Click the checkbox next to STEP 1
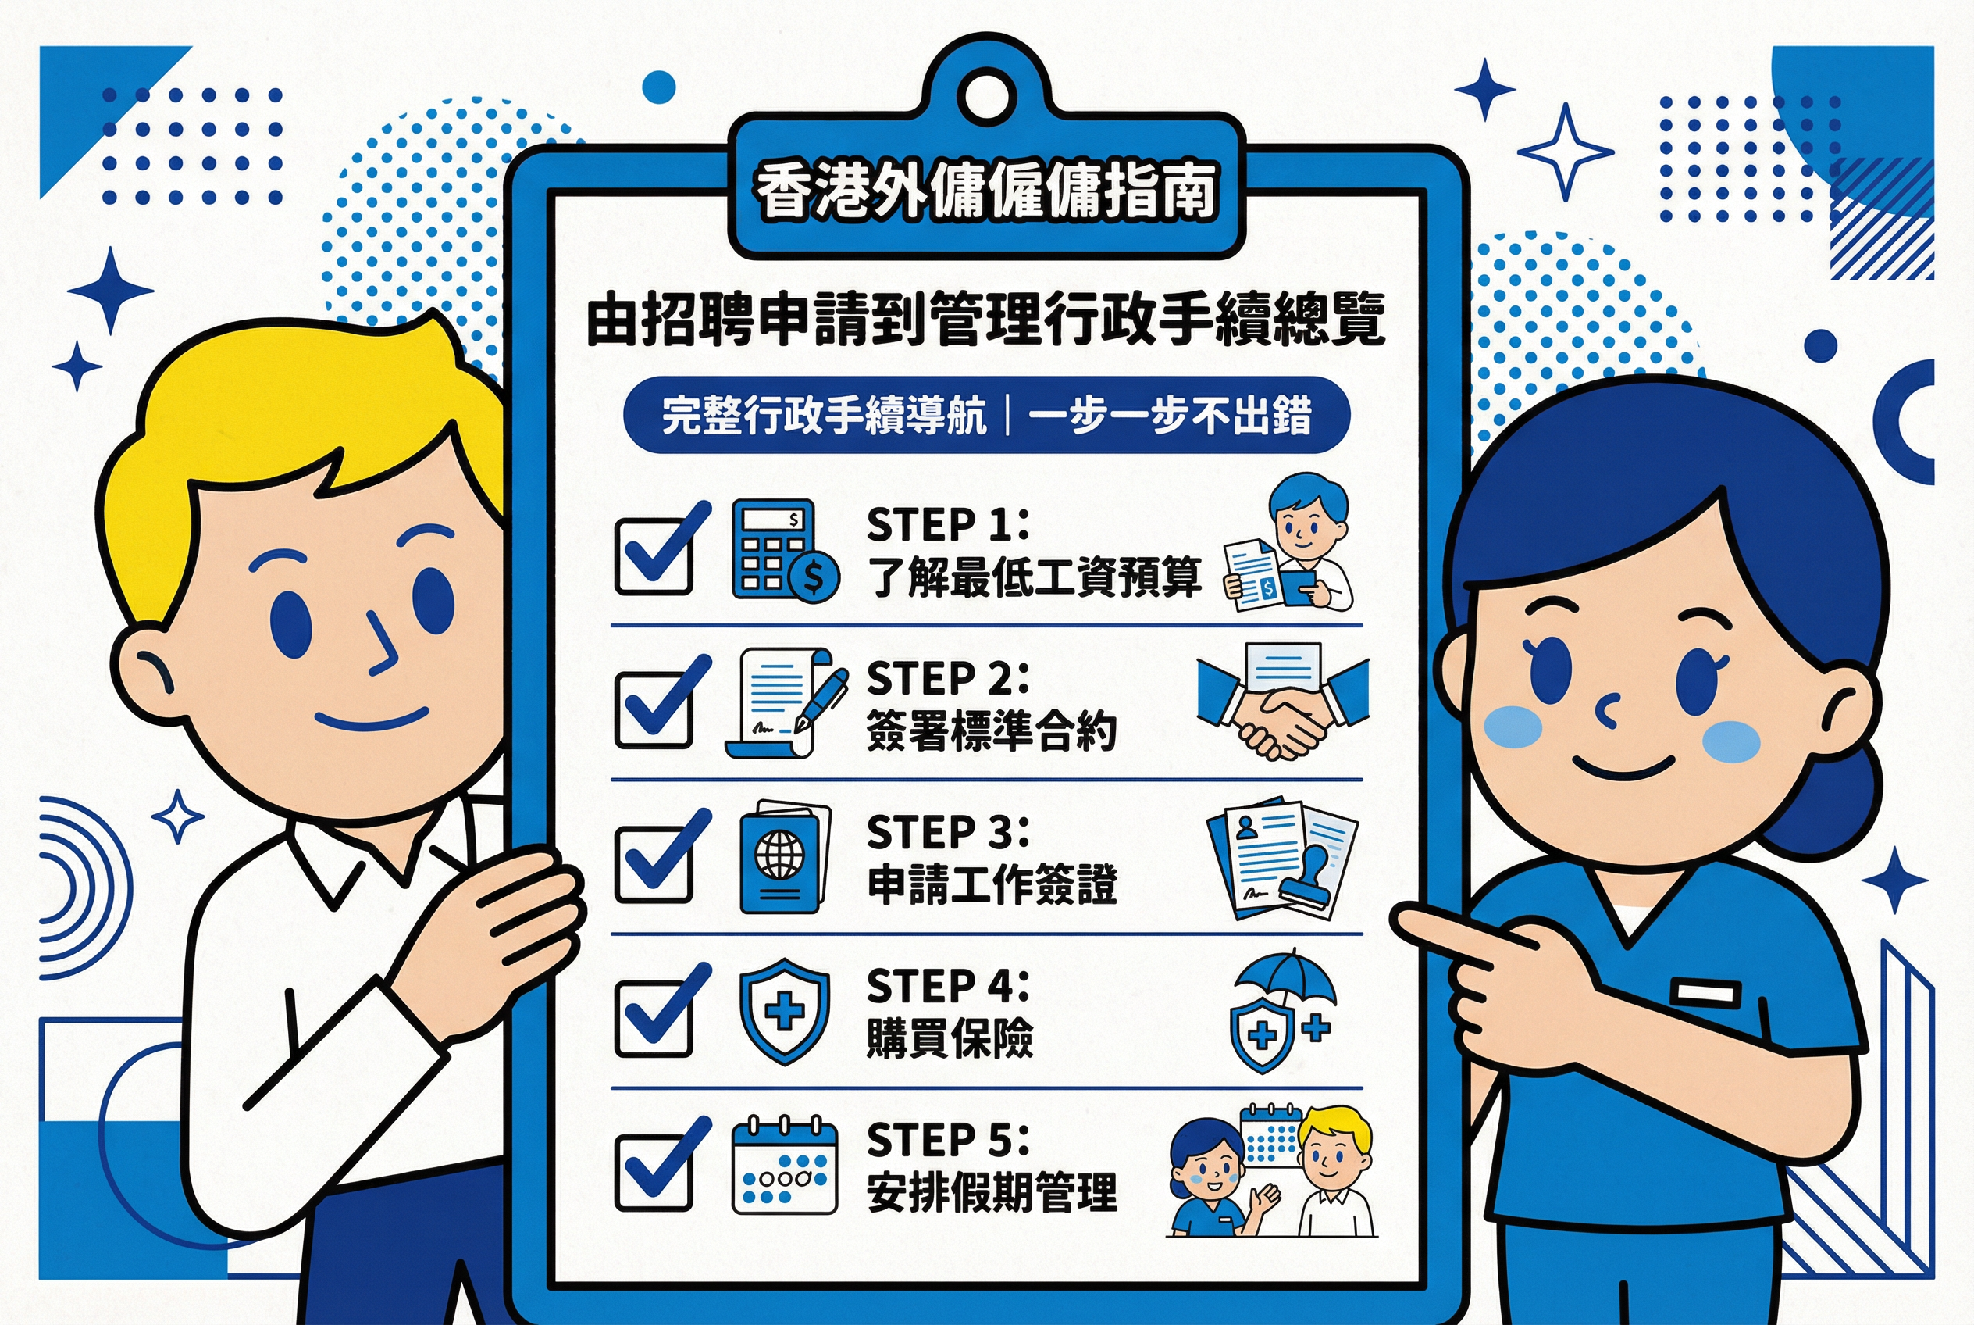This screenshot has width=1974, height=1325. pos(653,556)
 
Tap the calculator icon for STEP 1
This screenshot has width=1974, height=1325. pos(783,550)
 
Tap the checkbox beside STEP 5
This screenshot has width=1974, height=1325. pos(653,1172)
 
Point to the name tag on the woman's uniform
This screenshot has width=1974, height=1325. pos(1705,994)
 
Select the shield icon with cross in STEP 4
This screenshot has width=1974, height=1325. pos(783,1011)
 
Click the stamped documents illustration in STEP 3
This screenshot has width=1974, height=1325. pos(1282,859)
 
